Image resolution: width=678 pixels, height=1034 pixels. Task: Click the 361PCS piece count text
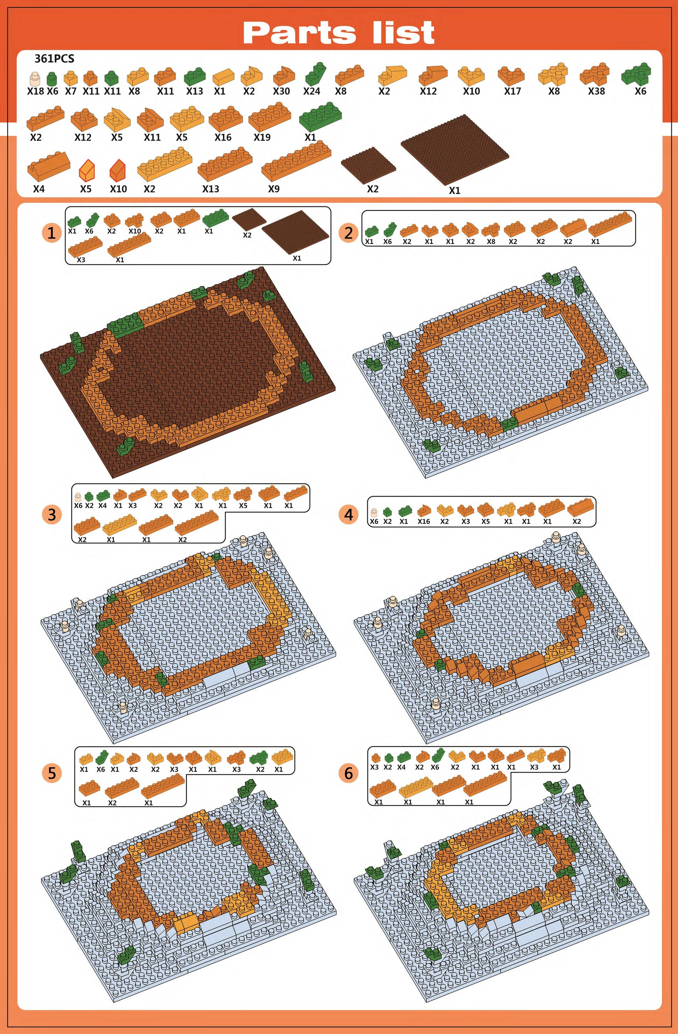54,59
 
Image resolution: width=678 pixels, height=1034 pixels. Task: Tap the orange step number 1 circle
52,233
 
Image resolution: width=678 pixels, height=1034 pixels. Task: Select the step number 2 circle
348,233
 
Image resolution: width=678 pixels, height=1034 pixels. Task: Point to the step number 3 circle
52,514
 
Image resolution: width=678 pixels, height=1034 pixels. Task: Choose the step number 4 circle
348,514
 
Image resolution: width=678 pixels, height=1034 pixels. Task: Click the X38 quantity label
596,91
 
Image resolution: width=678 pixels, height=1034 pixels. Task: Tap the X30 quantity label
282,91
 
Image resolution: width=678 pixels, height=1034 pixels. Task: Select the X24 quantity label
311,91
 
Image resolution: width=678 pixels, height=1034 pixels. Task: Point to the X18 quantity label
36,91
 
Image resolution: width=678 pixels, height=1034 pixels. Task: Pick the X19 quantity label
262,137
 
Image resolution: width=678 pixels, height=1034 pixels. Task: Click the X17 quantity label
513,91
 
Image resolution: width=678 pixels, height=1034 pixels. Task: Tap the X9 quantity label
273,189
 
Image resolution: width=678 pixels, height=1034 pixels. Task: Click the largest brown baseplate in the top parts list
455,149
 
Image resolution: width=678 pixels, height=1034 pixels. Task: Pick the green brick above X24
314,74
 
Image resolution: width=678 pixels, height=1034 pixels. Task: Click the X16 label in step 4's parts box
423,521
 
